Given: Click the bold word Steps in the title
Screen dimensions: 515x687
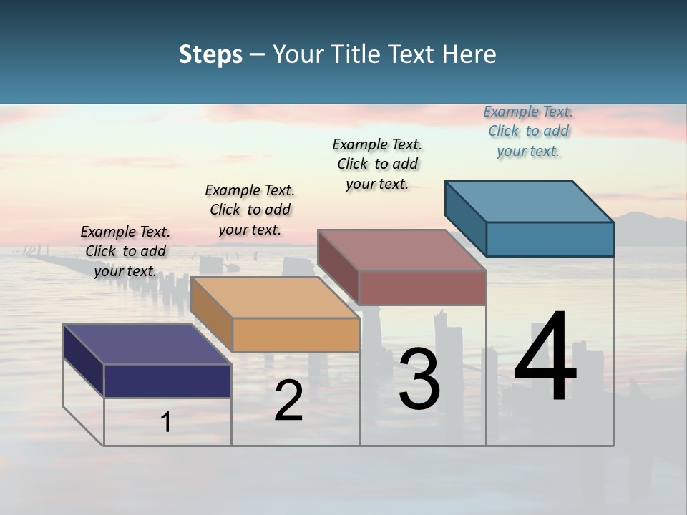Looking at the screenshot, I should pos(210,55).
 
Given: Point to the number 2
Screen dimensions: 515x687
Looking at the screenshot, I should pos(288,401).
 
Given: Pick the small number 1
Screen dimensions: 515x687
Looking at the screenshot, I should pos(166,422).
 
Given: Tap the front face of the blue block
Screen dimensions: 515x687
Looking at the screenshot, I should pos(550,239).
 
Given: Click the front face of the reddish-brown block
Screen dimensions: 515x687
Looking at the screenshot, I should pos(422,288).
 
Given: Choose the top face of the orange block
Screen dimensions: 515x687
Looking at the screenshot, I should pos(275,297).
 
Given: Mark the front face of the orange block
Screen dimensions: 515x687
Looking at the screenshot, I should pos(296,335).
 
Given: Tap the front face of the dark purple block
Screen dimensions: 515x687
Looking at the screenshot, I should pos(167,381).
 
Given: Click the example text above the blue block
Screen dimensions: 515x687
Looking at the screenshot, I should pos(528,131).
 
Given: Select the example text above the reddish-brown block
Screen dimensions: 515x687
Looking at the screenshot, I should pos(377,164).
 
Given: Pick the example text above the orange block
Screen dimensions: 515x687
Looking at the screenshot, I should pos(250,210).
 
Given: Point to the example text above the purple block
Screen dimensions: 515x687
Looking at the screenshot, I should pos(125,251).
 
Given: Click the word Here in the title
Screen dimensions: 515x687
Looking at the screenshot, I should pos(469,54).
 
